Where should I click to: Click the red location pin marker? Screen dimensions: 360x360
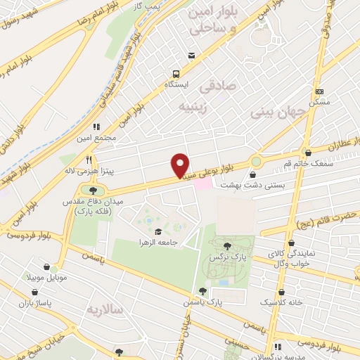pyautogui.click(x=181, y=165)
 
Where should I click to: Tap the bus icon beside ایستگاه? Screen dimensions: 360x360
pyautogui.click(x=175, y=72)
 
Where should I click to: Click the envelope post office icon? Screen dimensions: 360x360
pyautogui.click(x=190, y=56)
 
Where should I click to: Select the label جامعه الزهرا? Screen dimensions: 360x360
pyautogui.click(x=162, y=243)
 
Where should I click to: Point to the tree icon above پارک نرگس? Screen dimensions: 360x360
pyautogui.click(x=227, y=246)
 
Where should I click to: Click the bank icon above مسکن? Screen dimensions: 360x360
pyautogui.click(x=319, y=92)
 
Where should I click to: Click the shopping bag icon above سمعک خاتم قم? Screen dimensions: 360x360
pyautogui.click(x=308, y=153)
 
